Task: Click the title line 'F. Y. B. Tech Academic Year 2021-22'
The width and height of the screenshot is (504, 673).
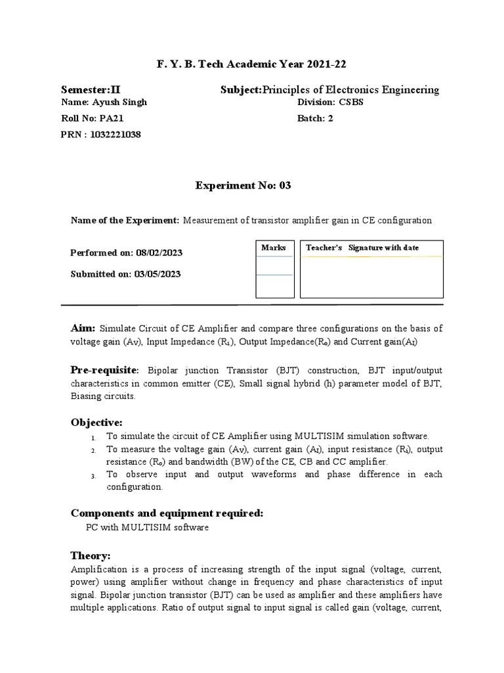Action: click(252, 64)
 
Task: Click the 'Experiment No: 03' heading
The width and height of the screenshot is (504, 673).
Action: click(243, 186)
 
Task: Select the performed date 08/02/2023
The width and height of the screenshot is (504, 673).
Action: click(158, 252)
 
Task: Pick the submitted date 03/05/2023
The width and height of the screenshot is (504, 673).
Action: click(157, 274)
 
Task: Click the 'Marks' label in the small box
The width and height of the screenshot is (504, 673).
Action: click(274, 248)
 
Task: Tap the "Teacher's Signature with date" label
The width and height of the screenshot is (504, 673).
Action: click(362, 248)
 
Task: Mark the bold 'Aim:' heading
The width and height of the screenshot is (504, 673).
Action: click(83, 328)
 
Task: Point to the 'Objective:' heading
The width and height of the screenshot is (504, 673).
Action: click(96, 421)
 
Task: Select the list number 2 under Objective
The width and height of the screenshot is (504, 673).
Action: click(94, 450)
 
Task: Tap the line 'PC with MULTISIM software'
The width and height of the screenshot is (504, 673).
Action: click(148, 528)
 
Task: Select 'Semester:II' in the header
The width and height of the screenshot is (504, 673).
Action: click(90, 90)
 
